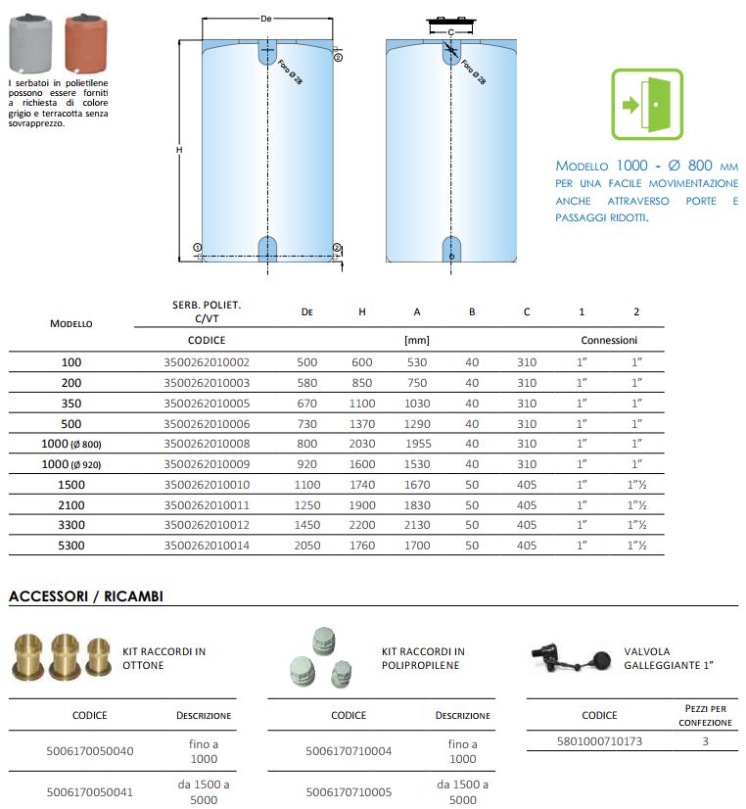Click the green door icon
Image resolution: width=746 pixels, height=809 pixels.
tap(646, 104)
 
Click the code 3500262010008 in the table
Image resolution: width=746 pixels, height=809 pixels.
tap(207, 443)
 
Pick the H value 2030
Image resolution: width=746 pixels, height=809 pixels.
tap(362, 443)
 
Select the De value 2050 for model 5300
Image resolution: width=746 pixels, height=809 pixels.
tap(307, 546)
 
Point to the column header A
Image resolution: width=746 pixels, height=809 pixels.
tap(417, 312)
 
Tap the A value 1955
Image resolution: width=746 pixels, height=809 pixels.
tap(417, 443)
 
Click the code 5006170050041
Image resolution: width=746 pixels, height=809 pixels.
tap(90, 791)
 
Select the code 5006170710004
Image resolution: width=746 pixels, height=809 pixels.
tap(349, 751)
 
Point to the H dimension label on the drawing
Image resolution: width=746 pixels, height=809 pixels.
tap(179, 150)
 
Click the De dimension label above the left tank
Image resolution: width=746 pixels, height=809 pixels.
tap(266, 20)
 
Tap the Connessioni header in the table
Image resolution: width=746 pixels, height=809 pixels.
tap(609, 341)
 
